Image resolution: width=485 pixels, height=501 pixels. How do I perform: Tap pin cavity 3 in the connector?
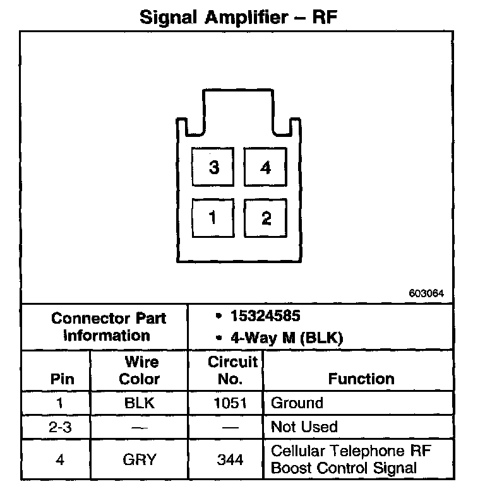213,167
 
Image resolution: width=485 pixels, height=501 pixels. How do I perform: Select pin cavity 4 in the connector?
265,167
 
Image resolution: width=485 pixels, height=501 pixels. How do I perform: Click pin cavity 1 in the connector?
213,218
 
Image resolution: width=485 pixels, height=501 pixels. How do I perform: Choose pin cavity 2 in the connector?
265,218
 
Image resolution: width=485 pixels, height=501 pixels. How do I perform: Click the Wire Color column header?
140,370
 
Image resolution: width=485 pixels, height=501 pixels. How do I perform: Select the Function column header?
361,379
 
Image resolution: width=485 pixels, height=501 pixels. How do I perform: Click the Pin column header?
62,379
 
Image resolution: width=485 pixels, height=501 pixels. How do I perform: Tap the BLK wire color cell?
140,403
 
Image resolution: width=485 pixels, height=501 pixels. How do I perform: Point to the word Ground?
297,403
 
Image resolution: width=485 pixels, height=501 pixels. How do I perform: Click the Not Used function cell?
304,427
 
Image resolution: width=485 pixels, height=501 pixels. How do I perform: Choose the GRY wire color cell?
140,459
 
